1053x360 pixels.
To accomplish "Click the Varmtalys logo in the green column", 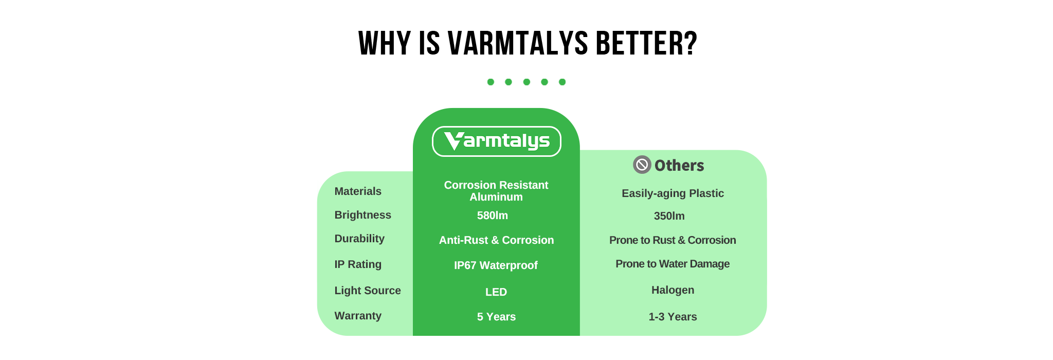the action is coord(496,141).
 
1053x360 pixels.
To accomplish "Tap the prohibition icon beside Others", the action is coord(642,165).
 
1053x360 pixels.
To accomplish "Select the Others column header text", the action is coord(679,165).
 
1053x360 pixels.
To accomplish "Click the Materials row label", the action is coord(358,191).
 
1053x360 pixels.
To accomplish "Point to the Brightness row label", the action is coord(362,215).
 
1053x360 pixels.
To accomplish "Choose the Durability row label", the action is coord(359,239).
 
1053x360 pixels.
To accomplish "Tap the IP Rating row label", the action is coord(358,264).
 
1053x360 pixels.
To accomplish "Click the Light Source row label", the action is coord(368,291).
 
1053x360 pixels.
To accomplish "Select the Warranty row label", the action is coord(358,316).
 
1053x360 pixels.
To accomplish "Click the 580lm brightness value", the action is coord(493,215).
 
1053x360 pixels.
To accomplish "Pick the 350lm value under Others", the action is coord(669,216).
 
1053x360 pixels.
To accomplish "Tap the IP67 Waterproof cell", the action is coord(496,265).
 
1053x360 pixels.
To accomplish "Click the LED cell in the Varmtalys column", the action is coord(496,292).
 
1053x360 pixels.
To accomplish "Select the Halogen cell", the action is coord(673,290).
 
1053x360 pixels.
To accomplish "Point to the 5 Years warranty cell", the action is coord(496,317).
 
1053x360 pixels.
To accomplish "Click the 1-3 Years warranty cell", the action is coord(673,317).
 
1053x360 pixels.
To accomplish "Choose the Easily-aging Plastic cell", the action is coord(673,193).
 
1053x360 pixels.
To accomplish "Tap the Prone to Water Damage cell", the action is coord(673,264).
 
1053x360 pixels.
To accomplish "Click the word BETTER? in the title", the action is coord(646,43).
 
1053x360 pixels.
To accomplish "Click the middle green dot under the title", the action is coord(526,82).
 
